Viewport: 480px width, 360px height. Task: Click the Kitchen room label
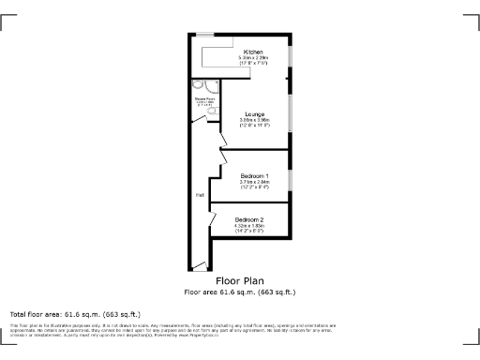[x=253, y=52]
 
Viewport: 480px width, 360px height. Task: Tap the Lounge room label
[x=253, y=114]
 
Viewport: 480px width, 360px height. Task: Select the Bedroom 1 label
[x=254, y=176]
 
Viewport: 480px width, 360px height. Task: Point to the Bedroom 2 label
[x=249, y=219]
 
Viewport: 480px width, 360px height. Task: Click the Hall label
[x=200, y=195]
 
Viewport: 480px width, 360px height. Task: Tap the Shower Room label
[x=203, y=97]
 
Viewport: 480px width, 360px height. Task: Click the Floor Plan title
[x=239, y=280]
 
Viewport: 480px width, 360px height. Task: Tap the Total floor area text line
[x=75, y=313]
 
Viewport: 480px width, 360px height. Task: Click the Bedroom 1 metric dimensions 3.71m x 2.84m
[x=254, y=183]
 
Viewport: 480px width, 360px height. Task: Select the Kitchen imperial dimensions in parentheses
[x=253, y=63]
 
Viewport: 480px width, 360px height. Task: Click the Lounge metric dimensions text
[x=253, y=120]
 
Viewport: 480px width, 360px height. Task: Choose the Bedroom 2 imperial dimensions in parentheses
[x=249, y=231]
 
